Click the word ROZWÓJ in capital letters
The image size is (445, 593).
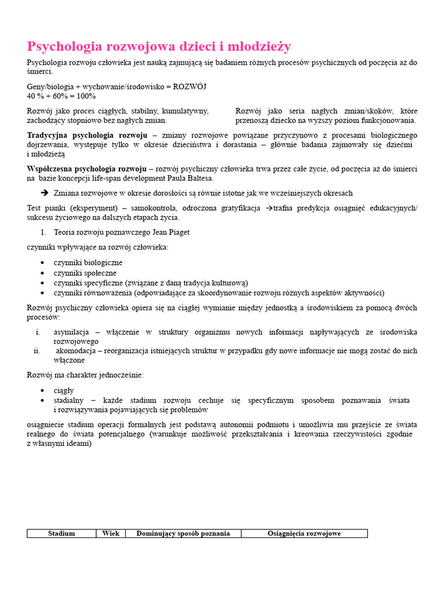pos(190,86)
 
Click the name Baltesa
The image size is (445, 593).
pos(199,178)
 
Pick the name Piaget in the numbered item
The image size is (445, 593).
pos(177,232)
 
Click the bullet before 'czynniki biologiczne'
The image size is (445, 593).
pos(43,263)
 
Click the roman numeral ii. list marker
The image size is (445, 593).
pos(37,351)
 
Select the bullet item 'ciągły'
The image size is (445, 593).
pos(64,390)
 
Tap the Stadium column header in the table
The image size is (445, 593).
pos(61,533)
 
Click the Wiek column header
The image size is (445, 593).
pos(111,533)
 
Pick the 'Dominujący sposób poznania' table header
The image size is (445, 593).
pos(183,533)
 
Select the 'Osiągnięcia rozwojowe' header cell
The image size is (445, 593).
pos(304,533)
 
